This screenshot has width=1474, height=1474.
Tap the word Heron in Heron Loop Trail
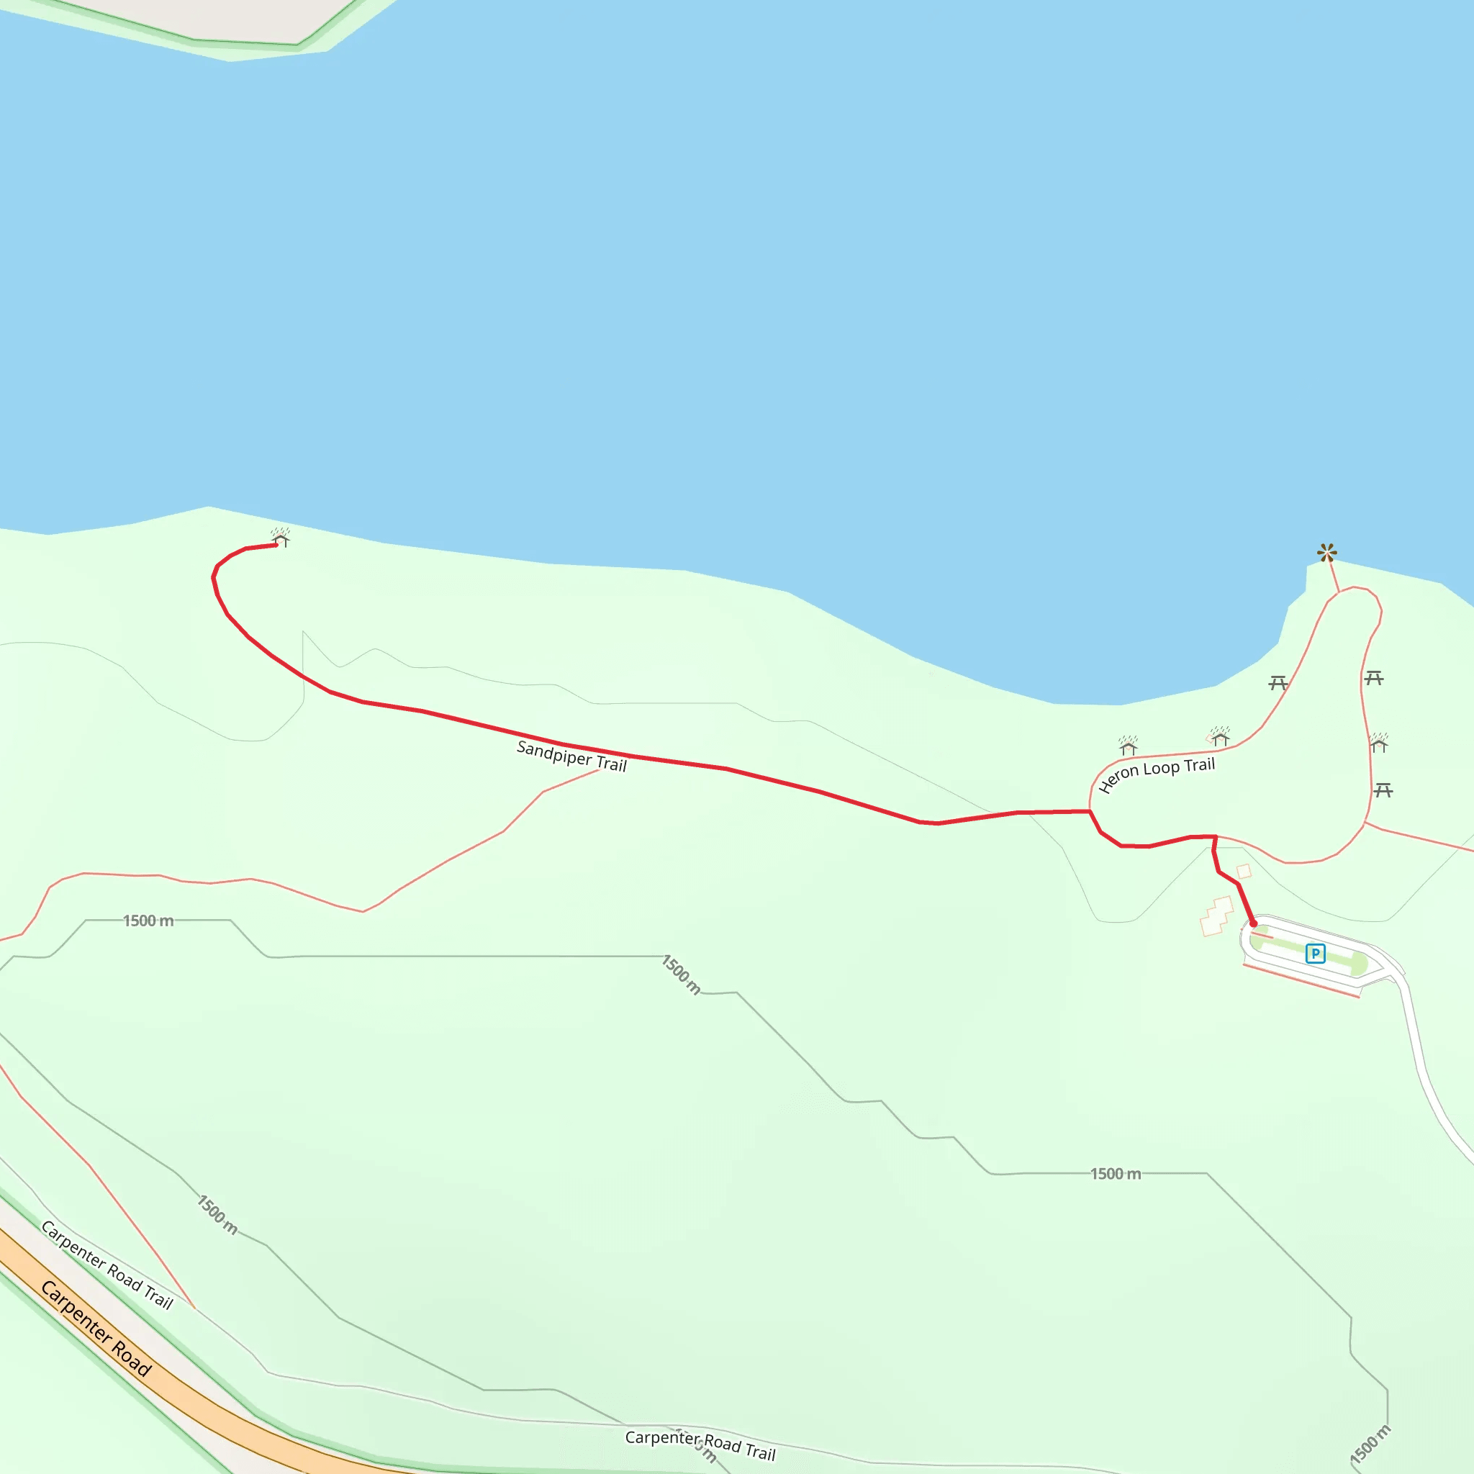point(1118,779)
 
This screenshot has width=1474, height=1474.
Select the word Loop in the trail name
point(1161,768)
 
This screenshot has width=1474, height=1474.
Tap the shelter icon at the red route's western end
point(280,538)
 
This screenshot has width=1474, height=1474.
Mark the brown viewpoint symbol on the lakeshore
point(1326,552)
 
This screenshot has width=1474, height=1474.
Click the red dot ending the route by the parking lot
point(1253,924)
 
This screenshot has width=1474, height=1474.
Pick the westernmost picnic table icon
point(1278,683)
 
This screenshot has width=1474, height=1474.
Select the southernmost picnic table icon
point(1383,790)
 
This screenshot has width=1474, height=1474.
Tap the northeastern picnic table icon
point(1374,677)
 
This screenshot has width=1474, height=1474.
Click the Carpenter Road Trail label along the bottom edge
point(700,1445)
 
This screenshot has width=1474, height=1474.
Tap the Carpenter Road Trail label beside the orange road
point(107,1265)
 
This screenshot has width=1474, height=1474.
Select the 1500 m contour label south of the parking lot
point(1116,1174)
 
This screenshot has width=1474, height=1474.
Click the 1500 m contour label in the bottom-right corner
point(1370,1444)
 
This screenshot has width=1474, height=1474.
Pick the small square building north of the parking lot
point(1244,871)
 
